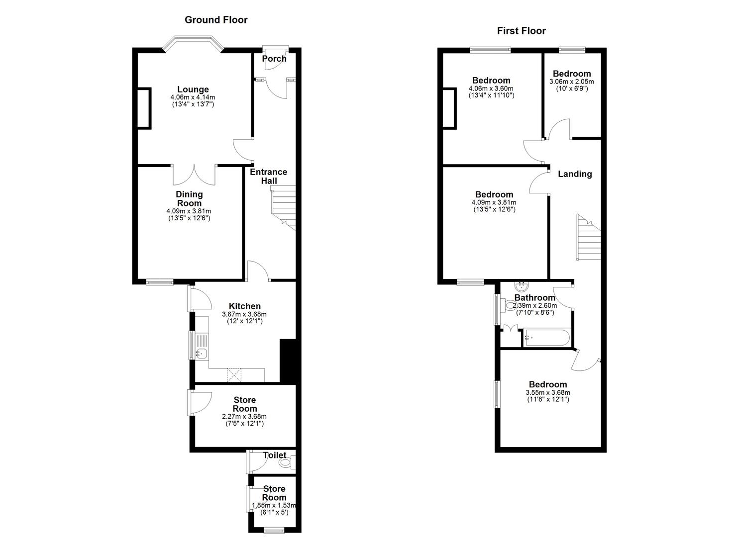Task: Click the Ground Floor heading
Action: [215, 20]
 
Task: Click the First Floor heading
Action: [521, 31]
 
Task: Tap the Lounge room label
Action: [193, 89]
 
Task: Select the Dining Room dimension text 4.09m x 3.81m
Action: [189, 211]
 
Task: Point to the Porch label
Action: [274, 59]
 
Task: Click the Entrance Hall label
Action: [268, 176]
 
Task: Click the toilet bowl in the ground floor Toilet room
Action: [286, 463]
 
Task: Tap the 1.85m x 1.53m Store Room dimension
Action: [274, 505]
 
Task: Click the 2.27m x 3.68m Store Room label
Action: [244, 404]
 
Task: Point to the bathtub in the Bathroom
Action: [545, 338]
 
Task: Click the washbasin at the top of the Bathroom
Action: [522, 287]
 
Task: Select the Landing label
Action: [575, 174]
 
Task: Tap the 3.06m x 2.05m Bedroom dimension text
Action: [571, 82]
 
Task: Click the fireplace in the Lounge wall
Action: [143, 108]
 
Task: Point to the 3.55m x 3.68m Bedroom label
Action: [547, 384]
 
